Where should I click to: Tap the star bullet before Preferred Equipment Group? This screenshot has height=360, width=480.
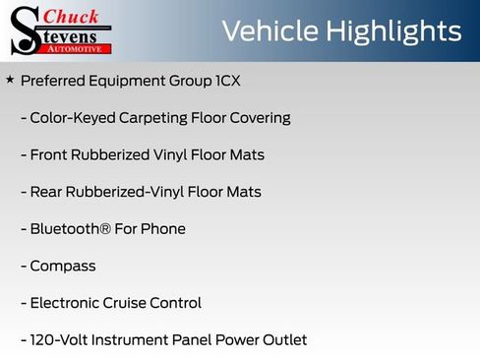click(10, 79)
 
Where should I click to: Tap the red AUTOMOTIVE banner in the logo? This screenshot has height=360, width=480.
click(81, 48)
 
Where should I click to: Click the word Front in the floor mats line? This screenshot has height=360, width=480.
click(51, 154)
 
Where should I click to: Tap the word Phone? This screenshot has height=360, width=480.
click(163, 228)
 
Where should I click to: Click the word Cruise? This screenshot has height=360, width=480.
click(138, 303)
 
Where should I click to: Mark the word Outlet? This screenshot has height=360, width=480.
click(282, 340)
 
